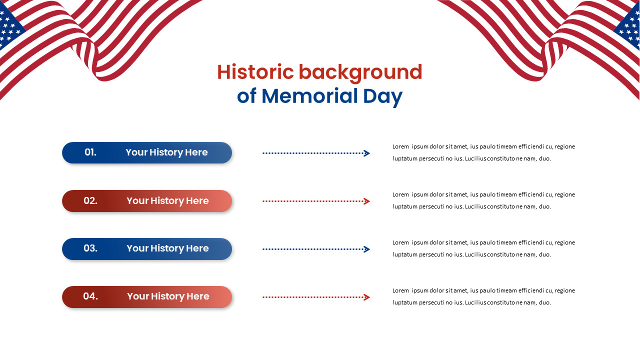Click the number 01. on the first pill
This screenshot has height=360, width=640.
[90, 152]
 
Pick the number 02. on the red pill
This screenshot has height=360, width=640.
[90, 200]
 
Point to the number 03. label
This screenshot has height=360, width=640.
[90, 248]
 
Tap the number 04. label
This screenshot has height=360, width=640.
[90, 296]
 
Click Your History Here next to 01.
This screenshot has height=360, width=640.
[166, 152]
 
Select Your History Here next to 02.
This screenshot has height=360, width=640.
[167, 200]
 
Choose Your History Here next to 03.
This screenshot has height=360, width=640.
[167, 248]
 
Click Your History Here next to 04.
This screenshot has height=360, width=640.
[168, 296]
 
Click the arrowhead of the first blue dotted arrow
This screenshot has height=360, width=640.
[367, 153]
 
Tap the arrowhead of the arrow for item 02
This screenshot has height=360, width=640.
[367, 201]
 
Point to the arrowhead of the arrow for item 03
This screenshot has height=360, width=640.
[367, 249]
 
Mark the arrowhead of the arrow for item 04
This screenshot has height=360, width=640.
[367, 297]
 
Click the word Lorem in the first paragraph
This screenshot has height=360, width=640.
[400, 146]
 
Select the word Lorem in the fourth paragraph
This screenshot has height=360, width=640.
[400, 290]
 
